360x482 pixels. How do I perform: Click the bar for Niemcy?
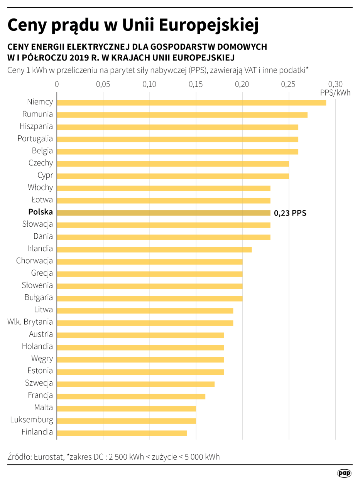point(191,103)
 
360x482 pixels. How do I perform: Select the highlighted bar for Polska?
point(164,213)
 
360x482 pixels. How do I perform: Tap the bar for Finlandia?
point(122,433)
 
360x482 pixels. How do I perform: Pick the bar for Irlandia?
point(154,249)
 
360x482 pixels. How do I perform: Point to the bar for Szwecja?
point(136,384)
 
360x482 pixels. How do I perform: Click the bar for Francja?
point(131,396)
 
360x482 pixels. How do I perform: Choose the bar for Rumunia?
point(182,115)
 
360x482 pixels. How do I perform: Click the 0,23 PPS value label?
point(290,213)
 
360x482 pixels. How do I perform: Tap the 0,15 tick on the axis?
point(196,84)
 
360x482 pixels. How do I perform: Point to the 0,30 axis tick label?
point(335,84)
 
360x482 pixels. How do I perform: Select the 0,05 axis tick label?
point(103,84)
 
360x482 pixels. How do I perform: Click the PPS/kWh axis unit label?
point(335,93)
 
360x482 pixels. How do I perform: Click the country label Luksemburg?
point(32,420)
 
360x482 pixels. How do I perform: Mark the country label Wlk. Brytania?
point(30,322)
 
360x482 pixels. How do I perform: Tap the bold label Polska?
point(41,212)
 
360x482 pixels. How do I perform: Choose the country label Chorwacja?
point(34,261)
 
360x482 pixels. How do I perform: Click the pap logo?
point(344,473)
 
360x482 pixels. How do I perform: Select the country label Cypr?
point(45,175)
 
